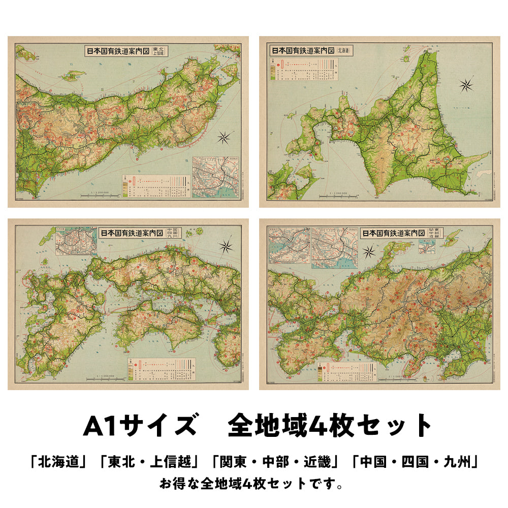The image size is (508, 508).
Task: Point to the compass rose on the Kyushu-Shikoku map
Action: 226,246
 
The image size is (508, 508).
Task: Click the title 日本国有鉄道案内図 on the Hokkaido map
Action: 302,51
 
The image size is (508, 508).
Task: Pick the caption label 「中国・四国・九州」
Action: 413,463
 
